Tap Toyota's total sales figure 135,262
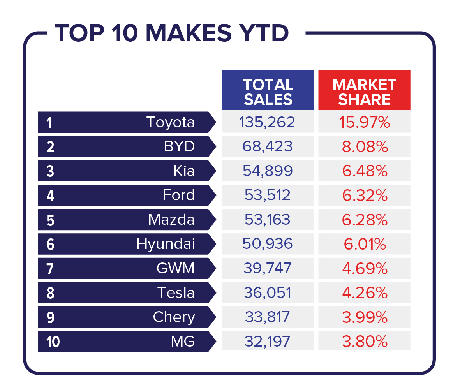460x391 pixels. pyautogui.click(x=267, y=122)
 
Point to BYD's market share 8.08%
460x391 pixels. pyautogui.click(x=365, y=147)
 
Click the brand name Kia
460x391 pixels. pyautogui.click(x=184, y=171)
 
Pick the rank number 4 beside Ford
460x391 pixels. pyautogui.click(x=50, y=195)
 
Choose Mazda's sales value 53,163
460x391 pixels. pyautogui.click(x=267, y=220)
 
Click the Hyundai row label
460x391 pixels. pyautogui.click(x=166, y=244)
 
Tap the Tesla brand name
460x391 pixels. pyautogui.click(x=176, y=293)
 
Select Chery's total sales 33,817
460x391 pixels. pyautogui.click(x=267, y=317)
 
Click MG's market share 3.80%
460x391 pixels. pyautogui.click(x=365, y=342)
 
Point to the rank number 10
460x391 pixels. pyautogui.click(x=53, y=342)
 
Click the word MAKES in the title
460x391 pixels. pyautogui.click(x=189, y=33)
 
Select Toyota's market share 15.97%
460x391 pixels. pyautogui.click(x=364, y=122)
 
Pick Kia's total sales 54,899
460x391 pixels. pyautogui.click(x=268, y=171)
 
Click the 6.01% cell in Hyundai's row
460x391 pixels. pyautogui.click(x=365, y=244)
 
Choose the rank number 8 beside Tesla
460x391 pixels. pyautogui.click(x=50, y=293)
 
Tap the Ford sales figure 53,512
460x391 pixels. pyautogui.click(x=267, y=195)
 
